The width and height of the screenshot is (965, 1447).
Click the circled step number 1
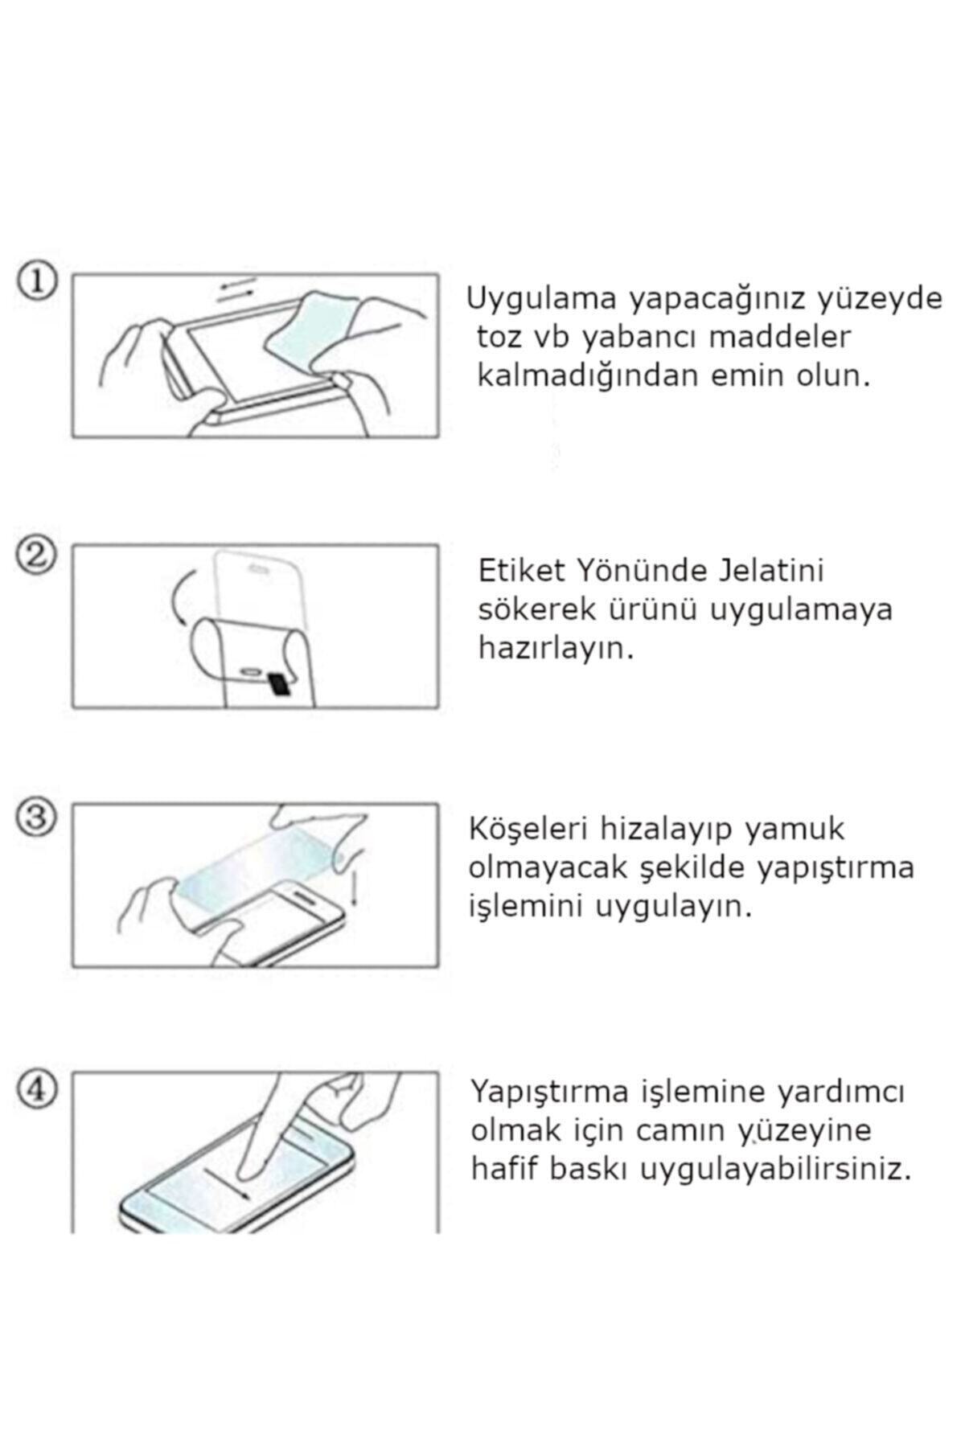(37, 282)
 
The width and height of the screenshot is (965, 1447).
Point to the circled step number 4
(37, 1091)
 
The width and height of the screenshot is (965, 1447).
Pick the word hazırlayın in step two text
(556, 649)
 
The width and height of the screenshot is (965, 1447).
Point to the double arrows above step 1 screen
(236, 309)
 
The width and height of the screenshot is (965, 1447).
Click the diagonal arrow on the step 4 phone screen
(226, 1182)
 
